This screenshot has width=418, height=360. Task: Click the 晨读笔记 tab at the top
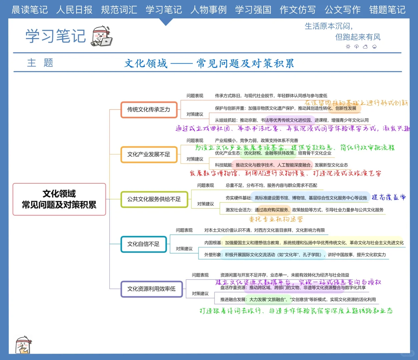(30, 10)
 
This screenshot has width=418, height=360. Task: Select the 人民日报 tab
(74, 10)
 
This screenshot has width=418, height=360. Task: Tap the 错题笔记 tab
(387, 10)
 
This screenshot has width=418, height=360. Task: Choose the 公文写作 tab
(343, 10)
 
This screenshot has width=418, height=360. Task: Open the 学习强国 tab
(253, 10)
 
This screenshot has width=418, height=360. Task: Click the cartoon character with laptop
(102, 36)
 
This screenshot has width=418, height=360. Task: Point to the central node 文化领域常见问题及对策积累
(59, 199)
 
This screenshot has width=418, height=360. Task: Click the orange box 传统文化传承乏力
(149, 110)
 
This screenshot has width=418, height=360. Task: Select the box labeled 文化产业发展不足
(149, 154)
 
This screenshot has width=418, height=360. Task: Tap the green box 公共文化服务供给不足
(154, 199)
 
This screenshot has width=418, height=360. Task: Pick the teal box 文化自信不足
(143, 244)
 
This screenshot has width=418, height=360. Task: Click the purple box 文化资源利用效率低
(151, 289)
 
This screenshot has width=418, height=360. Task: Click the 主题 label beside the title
(40, 63)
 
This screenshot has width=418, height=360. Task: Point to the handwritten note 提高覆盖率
(389, 197)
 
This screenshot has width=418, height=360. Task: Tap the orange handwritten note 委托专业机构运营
(276, 219)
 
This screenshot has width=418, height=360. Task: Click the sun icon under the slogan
(348, 47)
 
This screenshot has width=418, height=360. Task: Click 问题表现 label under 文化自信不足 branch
(184, 230)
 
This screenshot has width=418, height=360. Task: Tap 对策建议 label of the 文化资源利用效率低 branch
(200, 294)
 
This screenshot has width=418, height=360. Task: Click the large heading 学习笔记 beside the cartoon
(56, 36)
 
